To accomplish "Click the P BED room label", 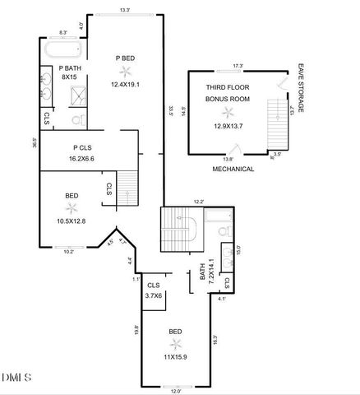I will (125, 57).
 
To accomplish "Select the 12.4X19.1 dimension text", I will (126, 84).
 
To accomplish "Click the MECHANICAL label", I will (233, 169).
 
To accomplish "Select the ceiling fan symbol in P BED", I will (126, 71).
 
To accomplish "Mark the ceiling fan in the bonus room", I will (227, 111).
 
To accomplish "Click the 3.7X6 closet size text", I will (154, 295).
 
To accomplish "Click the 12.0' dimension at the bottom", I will (174, 390).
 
